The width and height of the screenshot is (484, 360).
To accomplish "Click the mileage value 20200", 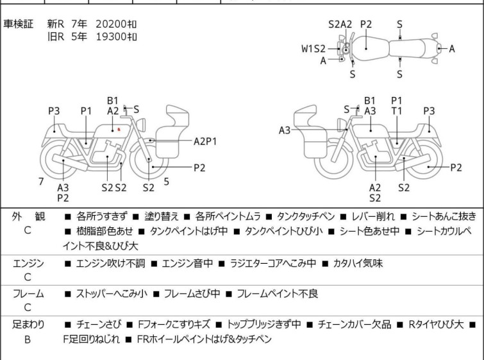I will click(x=111, y=24).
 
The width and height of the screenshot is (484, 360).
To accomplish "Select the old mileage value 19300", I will click(x=111, y=37).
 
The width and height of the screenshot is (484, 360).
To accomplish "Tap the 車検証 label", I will click(x=19, y=24).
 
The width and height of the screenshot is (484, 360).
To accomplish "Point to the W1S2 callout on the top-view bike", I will click(x=314, y=48).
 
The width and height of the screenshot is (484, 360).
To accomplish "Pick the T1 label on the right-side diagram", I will click(x=397, y=111).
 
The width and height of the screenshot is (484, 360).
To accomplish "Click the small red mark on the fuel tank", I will click(x=119, y=130).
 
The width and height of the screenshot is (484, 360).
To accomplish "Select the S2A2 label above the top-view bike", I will click(x=340, y=24).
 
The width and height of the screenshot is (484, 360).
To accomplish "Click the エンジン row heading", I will click(x=28, y=262).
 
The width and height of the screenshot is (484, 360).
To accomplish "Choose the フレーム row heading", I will click(x=28, y=294).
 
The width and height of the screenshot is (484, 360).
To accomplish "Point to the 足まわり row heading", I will click(x=28, y=325).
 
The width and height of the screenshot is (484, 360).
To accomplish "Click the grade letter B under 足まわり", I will click(x=28, y=339).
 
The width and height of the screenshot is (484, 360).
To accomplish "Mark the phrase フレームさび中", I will click(x=192, y=294).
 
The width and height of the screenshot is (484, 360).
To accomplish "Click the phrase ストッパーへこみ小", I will click(x=111, y=294).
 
